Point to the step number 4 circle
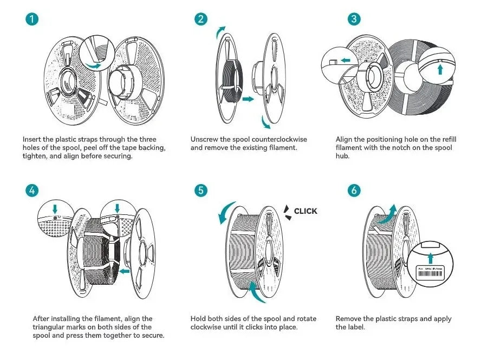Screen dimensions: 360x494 (32, 190)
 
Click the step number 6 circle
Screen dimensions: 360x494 (354, 190)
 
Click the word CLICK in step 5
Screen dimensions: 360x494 (305, 211)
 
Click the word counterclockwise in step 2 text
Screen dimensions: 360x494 (270, 139)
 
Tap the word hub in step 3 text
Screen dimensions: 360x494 (343, 156)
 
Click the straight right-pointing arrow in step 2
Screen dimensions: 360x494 (248, 100)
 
